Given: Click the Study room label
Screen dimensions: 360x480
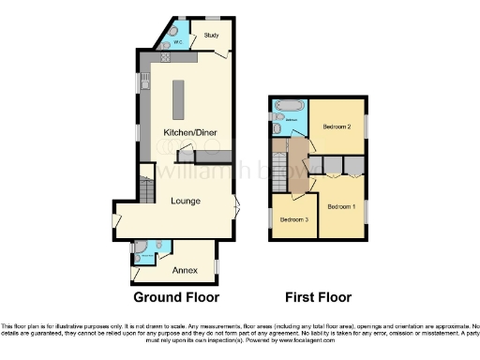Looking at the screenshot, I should coord(211,36).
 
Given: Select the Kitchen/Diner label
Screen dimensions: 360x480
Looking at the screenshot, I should coord(190,133).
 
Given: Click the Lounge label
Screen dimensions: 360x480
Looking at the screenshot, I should coord(185,200).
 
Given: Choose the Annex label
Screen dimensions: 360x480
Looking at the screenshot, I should coord(185,269).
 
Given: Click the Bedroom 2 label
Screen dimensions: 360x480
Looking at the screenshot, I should coord(337,126).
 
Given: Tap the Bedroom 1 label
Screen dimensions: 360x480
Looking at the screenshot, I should coord(340,206).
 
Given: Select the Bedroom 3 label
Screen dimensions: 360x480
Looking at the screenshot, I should coord(294,219).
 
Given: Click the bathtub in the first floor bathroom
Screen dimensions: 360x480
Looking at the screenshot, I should coord(287,104).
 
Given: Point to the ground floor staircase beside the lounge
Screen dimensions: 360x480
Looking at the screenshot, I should coord(145,187).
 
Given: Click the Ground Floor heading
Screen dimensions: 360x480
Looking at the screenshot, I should coord(176,298).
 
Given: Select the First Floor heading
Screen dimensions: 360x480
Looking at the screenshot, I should coord(319,298).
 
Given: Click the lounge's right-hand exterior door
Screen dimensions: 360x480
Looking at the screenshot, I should coord(236,205).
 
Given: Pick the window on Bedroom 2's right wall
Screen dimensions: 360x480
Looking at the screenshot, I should coord(367,125).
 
